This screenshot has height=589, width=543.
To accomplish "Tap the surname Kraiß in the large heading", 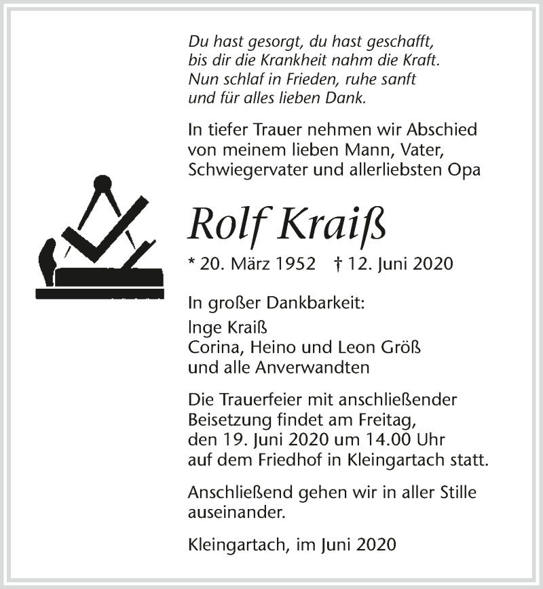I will tap(333, 223).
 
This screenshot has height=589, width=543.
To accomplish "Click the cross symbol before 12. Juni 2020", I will tap(337, 264).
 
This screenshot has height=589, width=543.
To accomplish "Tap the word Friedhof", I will tap(318, 461).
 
